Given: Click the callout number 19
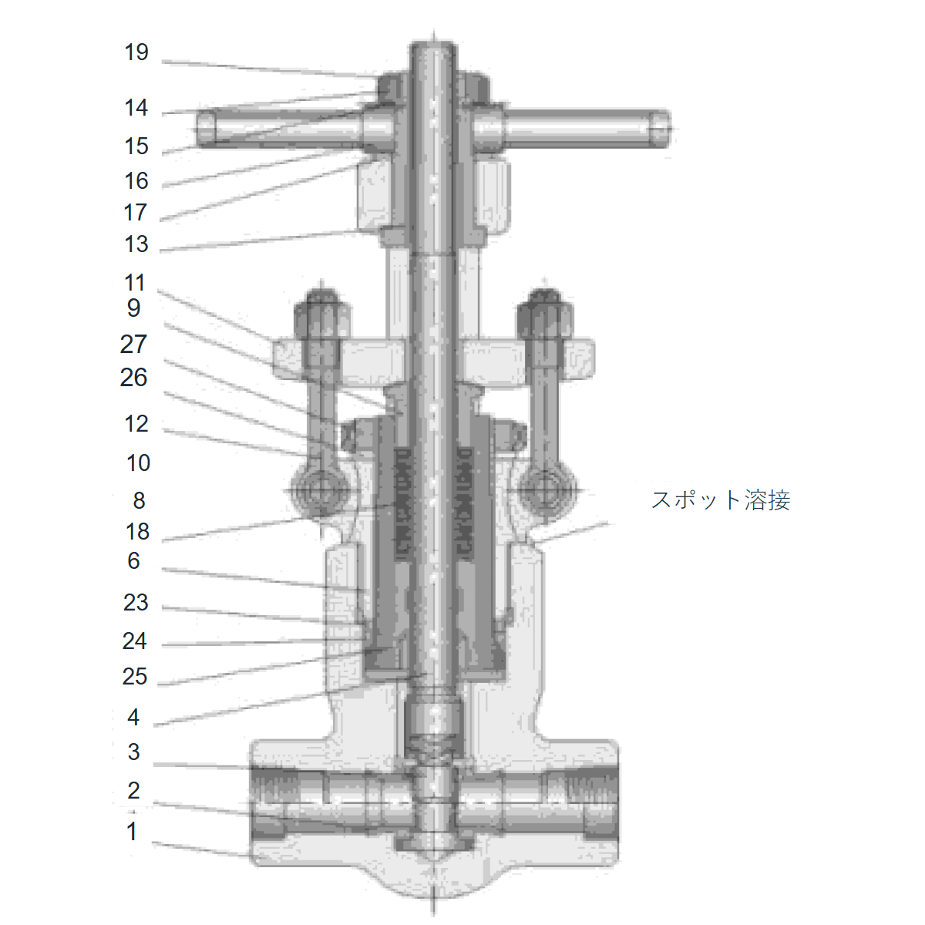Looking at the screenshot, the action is pos(136,52).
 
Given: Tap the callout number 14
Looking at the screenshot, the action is pos(136,107).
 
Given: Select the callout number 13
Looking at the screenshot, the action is pos(136,244).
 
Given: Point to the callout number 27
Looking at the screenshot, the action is pos(133,345).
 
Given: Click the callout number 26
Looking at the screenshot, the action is pos(133,378).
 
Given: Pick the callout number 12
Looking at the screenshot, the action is pos(136,424).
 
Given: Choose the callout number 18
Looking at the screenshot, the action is pos(137,532).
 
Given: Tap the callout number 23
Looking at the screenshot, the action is pos(136,603).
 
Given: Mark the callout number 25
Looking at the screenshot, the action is pos(134,677).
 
